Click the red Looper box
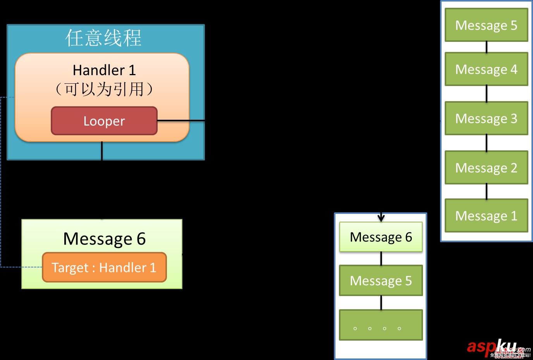(104, 121)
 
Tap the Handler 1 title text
(104, 70)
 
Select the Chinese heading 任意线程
(103, 38)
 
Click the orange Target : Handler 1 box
(104, 267)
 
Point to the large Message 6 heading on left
(104, 239)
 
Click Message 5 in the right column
(486, 25)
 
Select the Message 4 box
(486, 69)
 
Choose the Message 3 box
(486, 119)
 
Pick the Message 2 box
(486, 168)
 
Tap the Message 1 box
(486, 216)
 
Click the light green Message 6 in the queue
(381, 237)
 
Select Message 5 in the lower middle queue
(381, 281)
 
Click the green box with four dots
(381, 325)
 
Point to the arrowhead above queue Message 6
(381, 218)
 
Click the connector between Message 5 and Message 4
(487, 47)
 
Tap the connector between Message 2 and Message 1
(487, 191)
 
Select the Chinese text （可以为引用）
(104, 89)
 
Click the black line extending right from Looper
(181, 121)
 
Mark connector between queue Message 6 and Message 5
(381, 258)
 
